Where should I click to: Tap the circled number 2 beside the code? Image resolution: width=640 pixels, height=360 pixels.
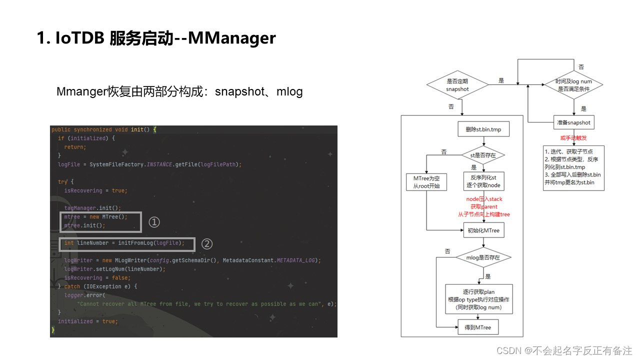click(x=206, y=243)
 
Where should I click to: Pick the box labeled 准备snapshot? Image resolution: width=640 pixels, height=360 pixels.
click(x=573, y=122)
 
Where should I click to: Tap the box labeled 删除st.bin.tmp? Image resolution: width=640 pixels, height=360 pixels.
click(x=483, y=130)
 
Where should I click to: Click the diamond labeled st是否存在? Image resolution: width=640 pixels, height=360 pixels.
click(x=483, y=155)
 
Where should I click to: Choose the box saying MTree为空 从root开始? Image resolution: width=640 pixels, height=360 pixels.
click(x=426, y=182)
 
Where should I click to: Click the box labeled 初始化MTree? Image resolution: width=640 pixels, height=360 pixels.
click(x=483, y=230)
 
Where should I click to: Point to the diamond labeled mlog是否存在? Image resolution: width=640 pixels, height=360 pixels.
click(x=483, y=257)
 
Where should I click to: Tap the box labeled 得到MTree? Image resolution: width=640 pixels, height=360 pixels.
click(x=478, y=327)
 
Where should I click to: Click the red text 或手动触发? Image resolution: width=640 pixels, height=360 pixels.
click(x=573, y=137)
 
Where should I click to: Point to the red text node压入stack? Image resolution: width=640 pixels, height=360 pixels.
click(x=483, y=199)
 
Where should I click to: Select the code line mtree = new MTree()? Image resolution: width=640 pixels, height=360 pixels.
click(x=95, y=217)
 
